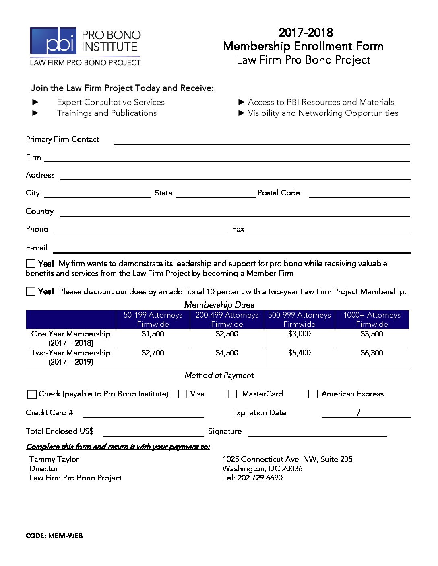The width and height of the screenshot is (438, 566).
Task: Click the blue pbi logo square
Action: pos(53,41)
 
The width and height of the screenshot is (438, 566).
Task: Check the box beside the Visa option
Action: pos(182,394)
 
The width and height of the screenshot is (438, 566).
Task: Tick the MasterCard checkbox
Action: pos(232,394)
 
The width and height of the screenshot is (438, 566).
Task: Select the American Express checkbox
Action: pos(313,394)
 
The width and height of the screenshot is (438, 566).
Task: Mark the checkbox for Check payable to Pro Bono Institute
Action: pos(31,394)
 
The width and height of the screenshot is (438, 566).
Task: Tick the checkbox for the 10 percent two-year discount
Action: pos(31,291)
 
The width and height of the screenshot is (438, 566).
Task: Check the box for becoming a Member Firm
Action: pos(31,264)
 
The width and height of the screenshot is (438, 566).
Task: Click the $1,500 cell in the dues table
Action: pos(153,334)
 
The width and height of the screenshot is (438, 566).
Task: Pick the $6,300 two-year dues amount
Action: pos(372,353)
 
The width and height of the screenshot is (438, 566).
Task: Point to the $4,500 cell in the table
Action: pos(227,353)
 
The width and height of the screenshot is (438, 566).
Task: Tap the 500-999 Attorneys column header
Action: pos(299,320)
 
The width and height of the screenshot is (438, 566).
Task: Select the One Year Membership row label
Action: pos(71,338)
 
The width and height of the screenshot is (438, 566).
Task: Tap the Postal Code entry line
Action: pos(359,195)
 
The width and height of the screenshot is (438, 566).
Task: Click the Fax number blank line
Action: pos(328,230)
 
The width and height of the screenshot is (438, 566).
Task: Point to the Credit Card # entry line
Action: pos(144,414)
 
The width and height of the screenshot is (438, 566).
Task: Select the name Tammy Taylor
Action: pos(54,459)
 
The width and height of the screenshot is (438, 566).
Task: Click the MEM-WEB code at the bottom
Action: pos(65,535)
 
